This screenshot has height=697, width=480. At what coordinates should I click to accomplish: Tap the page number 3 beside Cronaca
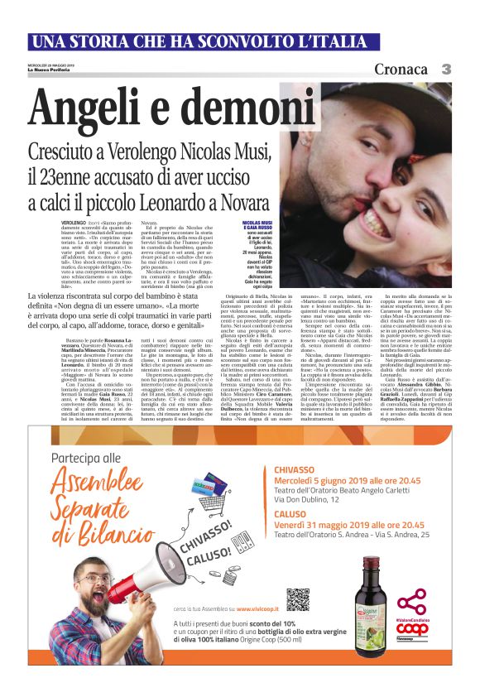click(x=446, y=69)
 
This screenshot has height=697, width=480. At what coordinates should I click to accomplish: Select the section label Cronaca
click(x=401, y=69)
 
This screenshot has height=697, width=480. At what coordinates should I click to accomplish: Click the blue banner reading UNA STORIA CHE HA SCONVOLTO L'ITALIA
click(x=239, y=41)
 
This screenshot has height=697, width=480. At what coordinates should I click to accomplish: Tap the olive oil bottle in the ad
click(x=369, y=604)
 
